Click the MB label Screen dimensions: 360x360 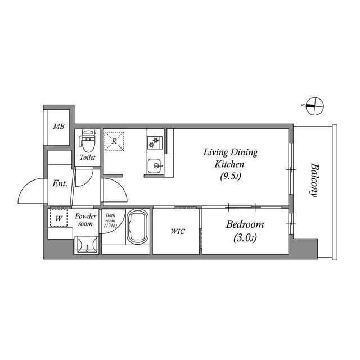pyautogui.click(x=58, y=127)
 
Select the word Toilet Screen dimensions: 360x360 pyautogui.click(x=88, y=158)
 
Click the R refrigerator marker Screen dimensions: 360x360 pyautogui.click(x=114, y=141)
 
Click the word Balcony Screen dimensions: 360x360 pyautogui.click(x=314, y=179)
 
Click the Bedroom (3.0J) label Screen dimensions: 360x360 pyautogui.click(x=245, y=231)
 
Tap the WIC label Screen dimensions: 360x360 pyautogui.click(x=178, y=231)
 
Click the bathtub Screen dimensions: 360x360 pyautogui.click(x=138, y=228)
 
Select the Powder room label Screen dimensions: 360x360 pyautogui.click(x=85, y=219)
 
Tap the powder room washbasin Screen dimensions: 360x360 pyautogui.click(x=87, y=244)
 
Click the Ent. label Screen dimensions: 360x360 pyautogui.click(x=60, y=183)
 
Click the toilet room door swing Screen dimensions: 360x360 pyautogui.click(x=85, y=178)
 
